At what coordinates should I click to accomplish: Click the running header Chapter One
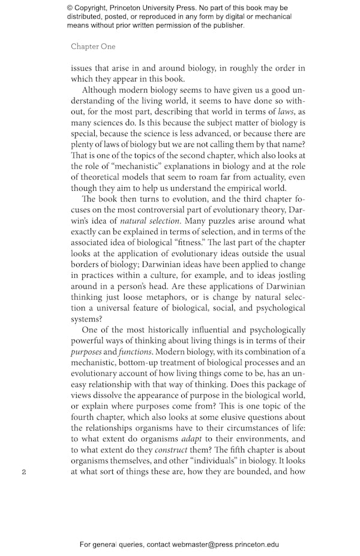93,46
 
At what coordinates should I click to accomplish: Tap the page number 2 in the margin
23,471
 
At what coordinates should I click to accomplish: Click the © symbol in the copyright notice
71,8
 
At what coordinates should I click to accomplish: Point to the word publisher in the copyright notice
223,25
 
